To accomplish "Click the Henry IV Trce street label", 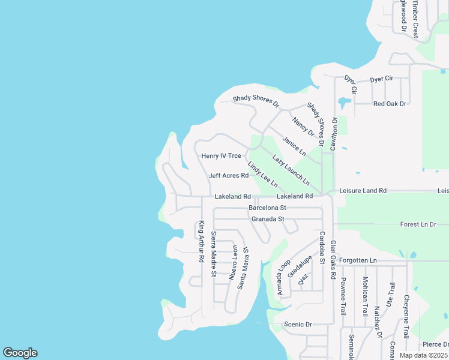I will tap(221, 156).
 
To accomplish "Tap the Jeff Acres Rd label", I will tap(228, 176).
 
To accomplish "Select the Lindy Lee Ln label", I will tap(262, 173).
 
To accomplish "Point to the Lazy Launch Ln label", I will tap(291, 170).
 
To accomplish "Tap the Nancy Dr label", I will tap(303, 126).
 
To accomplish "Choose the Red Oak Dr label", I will tap(390, 104).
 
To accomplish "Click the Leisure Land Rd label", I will tap(363, 190).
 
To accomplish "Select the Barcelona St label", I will tap(268, 208).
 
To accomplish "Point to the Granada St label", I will tap(268, 219).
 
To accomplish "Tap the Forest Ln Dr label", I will tap(418, 224).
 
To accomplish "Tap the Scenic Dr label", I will tap(298, 324).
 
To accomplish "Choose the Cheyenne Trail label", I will tap(406, 317).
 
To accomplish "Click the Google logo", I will tap(20, 353).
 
